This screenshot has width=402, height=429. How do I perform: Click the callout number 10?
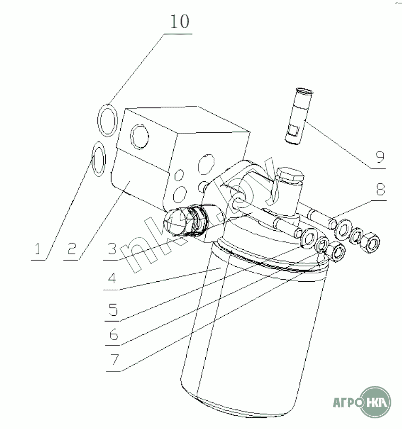point(180,21)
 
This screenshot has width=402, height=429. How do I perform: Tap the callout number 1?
point(38,249)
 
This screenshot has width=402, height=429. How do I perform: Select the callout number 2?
point(72,249)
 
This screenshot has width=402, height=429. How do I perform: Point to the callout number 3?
point(112,249)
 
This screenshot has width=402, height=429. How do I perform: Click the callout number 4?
point(112,278)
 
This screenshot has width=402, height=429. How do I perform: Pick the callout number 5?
point(113,310)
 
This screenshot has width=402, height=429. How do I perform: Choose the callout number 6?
point(114,334)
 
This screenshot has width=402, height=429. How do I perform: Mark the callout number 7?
point(115,359)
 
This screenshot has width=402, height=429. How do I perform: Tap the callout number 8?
point(381,189)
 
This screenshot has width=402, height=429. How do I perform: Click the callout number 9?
point(380,157)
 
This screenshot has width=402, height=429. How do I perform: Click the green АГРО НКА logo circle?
point(375,402)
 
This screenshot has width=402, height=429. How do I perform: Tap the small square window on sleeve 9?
point(294,130)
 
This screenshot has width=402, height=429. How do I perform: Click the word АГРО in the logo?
point(346,402)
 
